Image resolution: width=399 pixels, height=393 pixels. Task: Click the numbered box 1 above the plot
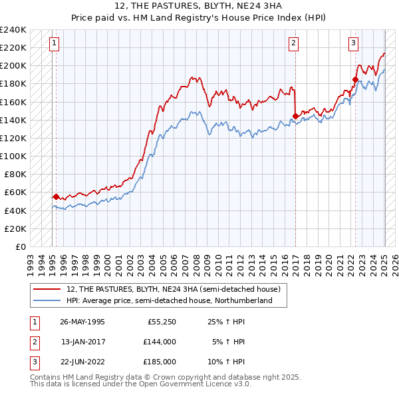pyautogui.click(x=53, y=44)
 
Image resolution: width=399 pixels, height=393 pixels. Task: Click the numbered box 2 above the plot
pyautogui.click(x=293, y=44)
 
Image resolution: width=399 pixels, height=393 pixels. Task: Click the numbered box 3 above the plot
pyautogui.click(x=353, y=44)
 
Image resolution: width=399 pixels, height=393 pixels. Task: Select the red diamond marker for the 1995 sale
pyautogui.click(x=56, y=196)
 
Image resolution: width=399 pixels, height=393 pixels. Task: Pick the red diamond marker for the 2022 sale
pyautogui.click(x=355, y=79)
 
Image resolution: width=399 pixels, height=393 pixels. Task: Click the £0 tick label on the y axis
pyautogui.click(x=20, y=246)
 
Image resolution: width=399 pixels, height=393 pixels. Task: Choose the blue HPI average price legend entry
pyautogui.click(x=170, y=300)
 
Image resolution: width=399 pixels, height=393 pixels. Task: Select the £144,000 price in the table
pyautogui.click(x=160, y=342)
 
